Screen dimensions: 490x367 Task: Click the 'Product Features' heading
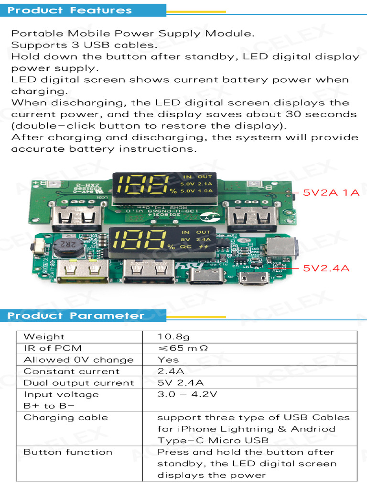pyautogui.click(x=70, y=11)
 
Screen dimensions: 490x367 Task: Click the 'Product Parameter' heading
pyautogui.click(x=76, y=316)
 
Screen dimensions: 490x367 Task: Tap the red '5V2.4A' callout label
pyautogui.click(x=326, y=268)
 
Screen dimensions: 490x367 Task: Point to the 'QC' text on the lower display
pyautogui.click(x=186, y=247)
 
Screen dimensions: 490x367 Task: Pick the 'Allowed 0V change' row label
pyautogui.click(x=78, y=360)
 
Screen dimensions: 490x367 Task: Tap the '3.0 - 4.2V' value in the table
pyautogui.click(x=187, y=395)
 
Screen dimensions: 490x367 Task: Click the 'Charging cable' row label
pyautogui.click(x=65, y=418)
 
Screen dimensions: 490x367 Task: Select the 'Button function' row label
pyautogui.click(x=68, y=452)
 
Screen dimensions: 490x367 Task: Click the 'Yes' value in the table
pyautogui.click(x=168, y=360)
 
